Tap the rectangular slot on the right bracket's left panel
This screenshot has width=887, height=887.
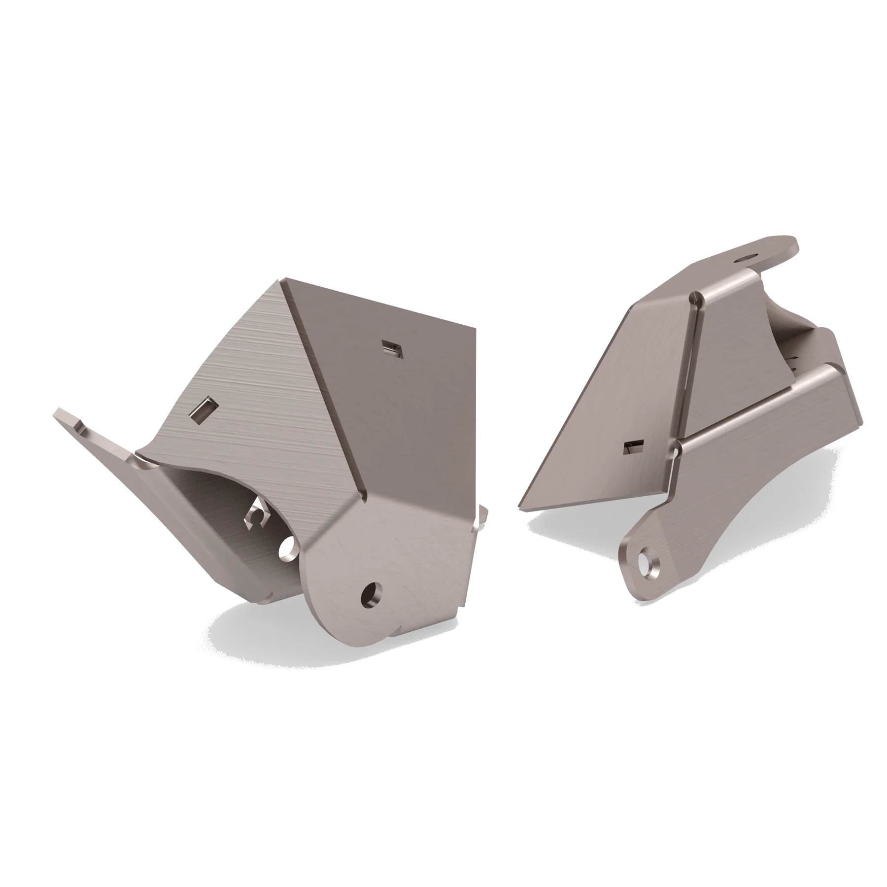point(632,447)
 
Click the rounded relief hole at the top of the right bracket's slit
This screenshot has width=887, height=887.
point(695,297)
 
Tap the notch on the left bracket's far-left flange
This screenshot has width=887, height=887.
point(79,425)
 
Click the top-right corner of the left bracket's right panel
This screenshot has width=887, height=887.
point(476,327)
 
